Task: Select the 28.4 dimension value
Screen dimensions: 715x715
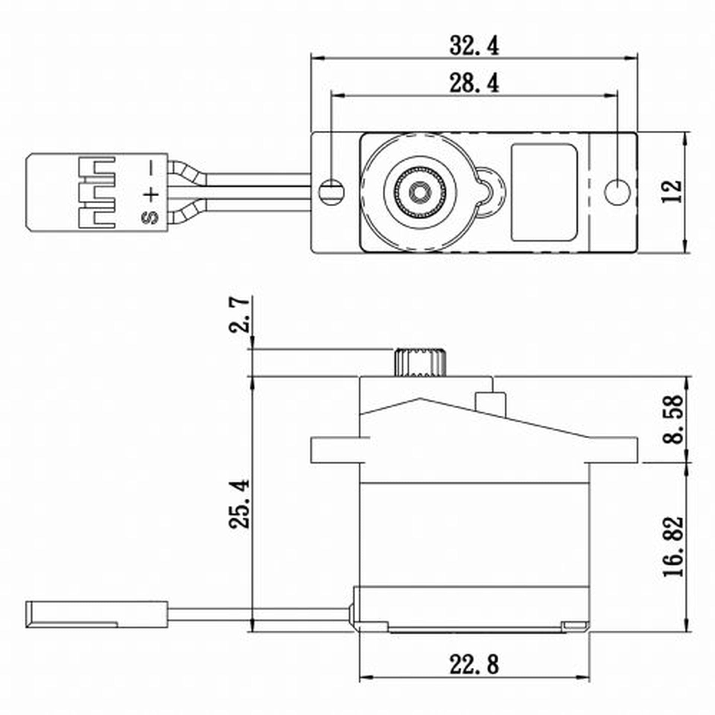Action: pos(474,84)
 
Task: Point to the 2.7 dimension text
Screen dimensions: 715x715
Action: pos(239,315)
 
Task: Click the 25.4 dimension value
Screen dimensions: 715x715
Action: pos(239,504)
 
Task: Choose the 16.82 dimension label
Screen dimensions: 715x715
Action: pos(673,546)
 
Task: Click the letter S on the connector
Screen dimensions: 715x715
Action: pos(150,217)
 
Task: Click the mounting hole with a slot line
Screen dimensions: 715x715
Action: pos(331,192)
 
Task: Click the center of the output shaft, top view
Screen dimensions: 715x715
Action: pos(420,193)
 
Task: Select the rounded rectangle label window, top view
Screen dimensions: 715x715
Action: pos(544,193)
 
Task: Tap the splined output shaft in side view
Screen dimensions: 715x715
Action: pos(420,362)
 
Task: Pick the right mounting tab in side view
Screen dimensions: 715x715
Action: pos(613,450)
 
